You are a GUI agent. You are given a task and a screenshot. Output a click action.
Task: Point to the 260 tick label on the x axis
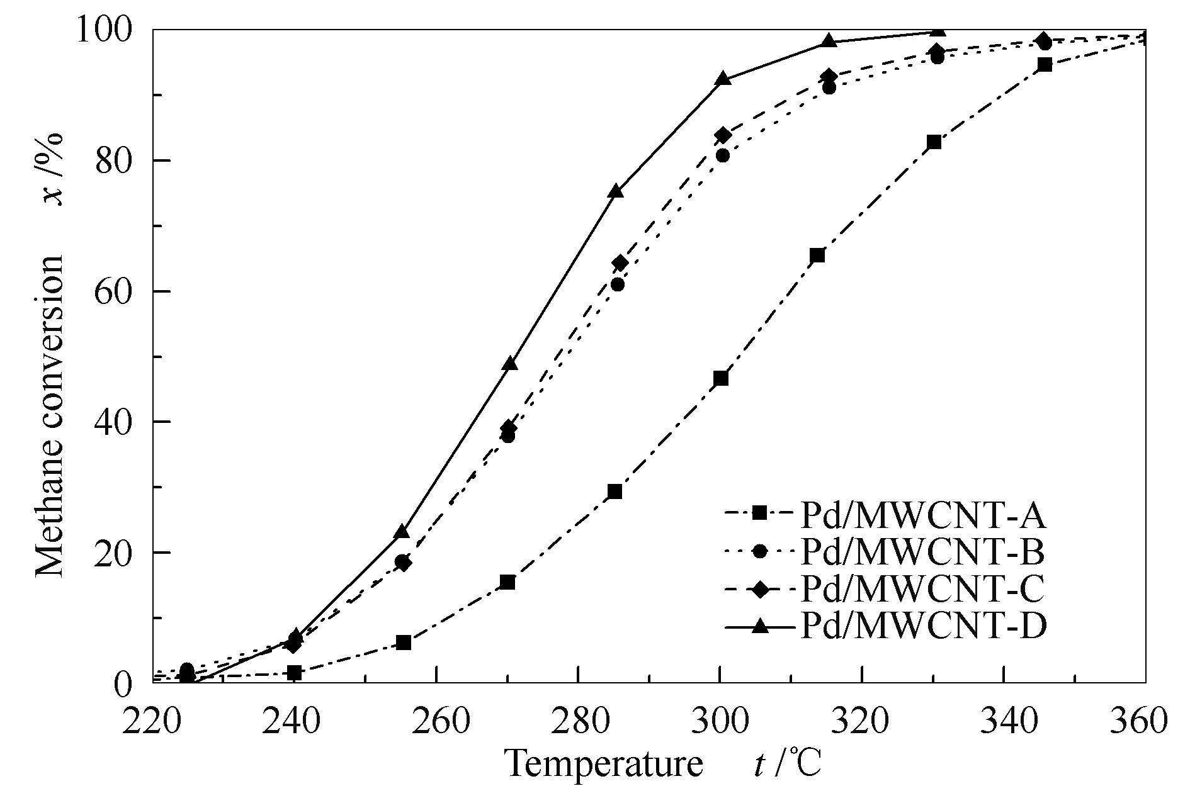pyautogui.click(x=436, y=719)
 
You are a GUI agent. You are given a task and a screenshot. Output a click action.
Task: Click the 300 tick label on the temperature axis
pyautogui.click(x=720, y=719)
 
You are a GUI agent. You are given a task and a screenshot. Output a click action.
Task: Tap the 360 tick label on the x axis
pyautogui.click(x=1144, y=719)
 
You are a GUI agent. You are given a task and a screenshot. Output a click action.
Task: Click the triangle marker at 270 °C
pyautogui.click(x=510, y=363)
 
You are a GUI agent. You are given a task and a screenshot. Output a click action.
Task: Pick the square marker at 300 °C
pyautogui.click(x=721, y=378)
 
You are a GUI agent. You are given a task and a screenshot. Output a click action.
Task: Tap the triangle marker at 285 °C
pyautogui.click(x=616, y=191)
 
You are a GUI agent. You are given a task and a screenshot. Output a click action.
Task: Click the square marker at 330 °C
pyautogui.click(x=934, y=142)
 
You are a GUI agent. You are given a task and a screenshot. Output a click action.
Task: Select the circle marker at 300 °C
pyautogui.click(x=723, y=155)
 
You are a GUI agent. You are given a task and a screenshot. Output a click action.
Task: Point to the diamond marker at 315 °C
pyautogui.click(x=829, y=77)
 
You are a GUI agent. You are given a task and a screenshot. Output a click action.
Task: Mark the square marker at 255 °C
pyautogui.click(x=404, y=643)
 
